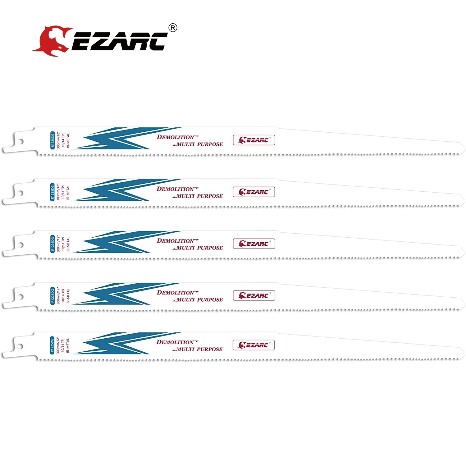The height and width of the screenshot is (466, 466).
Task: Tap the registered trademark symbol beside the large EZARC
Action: coord(173,28)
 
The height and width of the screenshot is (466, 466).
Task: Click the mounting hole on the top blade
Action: coord(21,142)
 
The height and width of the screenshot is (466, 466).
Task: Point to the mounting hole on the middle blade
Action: coord(21,245)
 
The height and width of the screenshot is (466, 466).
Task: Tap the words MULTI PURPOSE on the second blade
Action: coord(199,196)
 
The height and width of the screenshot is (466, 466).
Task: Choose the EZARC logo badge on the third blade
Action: coord(254,244)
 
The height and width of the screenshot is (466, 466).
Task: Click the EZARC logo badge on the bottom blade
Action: coord(254,345)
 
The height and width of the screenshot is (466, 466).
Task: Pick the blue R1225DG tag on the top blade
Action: coord(53,140)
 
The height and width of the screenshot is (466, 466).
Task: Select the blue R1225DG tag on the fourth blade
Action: coord(53,295)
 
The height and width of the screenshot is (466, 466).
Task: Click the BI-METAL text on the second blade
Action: coord(68,192)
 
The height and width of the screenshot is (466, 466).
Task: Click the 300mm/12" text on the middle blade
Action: coord(58,244)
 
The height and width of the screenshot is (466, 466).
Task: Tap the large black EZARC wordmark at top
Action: coord(120,42)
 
